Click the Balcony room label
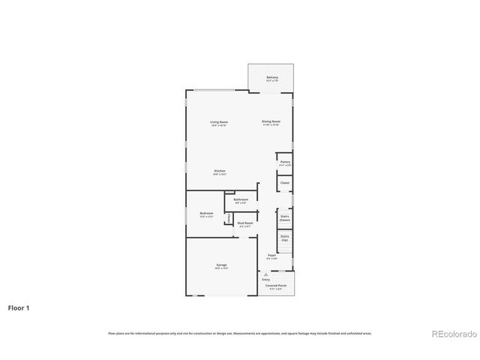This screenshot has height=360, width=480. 271,78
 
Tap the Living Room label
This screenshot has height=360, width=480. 219,122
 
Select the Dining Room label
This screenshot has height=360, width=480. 271,122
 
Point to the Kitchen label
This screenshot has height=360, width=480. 220,172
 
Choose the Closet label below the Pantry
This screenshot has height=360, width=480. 285,182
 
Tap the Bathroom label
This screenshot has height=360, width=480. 241,200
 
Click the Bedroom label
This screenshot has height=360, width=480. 206,214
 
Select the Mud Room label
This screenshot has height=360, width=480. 245,223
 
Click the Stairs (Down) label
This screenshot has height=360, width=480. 285,218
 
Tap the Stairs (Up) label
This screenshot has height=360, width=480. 285,238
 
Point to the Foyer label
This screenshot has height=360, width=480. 271,256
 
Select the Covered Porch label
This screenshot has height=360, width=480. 276,286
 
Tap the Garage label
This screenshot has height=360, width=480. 222,265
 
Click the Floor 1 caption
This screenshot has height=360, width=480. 19,307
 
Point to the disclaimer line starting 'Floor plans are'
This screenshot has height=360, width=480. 240,333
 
